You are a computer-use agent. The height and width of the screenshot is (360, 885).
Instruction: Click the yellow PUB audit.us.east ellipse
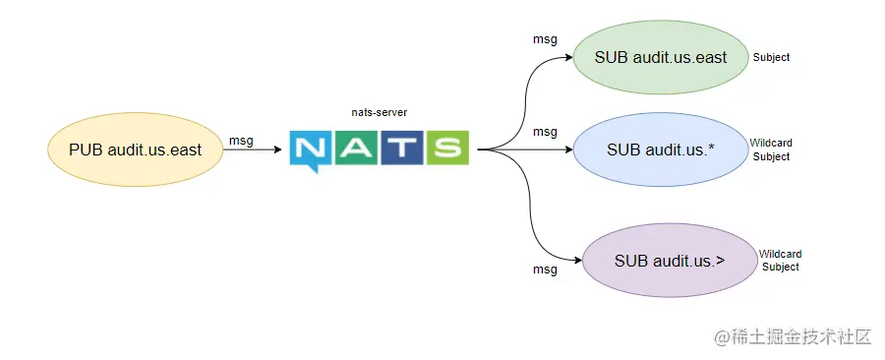(x=135, y=150)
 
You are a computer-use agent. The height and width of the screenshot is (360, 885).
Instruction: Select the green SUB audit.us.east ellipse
(x=661, y=57)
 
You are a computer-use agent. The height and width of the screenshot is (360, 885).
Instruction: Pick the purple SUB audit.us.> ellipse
(x=669, y=261)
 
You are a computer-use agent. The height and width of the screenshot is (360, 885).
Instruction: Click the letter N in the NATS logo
(x=311, y=150)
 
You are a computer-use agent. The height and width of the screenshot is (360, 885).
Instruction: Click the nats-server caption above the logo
(x=379, y=113)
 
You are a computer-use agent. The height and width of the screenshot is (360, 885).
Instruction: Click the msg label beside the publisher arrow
(x=241, y=141)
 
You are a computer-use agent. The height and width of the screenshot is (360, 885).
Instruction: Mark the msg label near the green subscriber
(x=545, y=40)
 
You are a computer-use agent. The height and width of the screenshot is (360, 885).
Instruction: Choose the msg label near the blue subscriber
(x=545, y=132)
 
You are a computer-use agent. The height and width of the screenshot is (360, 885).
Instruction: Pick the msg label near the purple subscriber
(x=545, y=269)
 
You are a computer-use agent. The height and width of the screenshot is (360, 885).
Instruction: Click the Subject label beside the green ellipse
(x=771, y=57)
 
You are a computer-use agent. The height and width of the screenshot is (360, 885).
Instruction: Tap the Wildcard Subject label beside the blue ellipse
(x=770, y=150)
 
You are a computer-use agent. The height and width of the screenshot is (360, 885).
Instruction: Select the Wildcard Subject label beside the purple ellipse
(x=780, y=261)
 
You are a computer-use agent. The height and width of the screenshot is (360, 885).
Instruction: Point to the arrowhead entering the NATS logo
(x=282, y=150)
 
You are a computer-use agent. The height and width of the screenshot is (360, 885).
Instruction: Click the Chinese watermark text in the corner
(x=794, y=336)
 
